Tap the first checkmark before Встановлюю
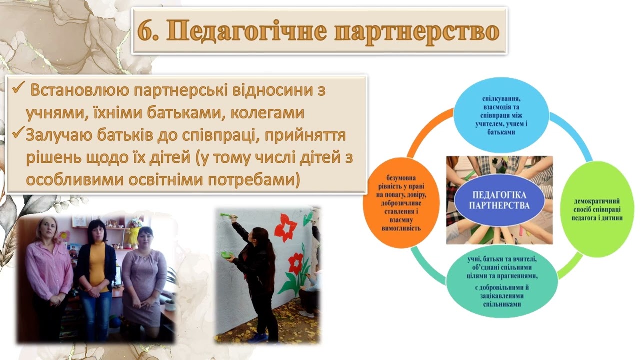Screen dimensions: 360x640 coord(18,90)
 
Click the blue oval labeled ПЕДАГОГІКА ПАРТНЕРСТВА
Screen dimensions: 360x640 coord(499,199)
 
